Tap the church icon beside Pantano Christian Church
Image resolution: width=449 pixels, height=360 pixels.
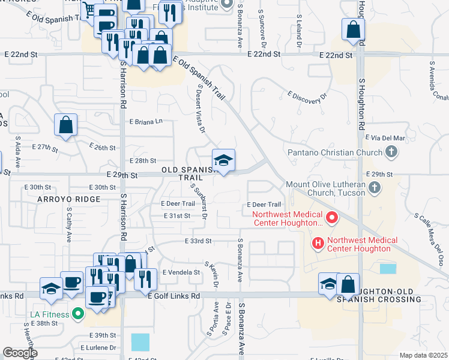coord(391,152)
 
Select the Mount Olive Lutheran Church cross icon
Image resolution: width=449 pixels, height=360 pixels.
coord(375,188)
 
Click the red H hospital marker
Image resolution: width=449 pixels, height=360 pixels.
coord(317,244)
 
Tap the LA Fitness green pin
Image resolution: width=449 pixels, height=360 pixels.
coord(76,313)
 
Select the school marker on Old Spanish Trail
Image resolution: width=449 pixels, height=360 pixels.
coord(223,161)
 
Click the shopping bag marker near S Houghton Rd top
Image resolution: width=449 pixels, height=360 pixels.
coord(353,29)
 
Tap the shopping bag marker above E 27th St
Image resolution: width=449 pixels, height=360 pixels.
coord(66,125)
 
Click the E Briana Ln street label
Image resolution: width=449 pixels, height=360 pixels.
coord(146,121)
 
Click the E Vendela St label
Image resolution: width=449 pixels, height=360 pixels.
coord(181,272)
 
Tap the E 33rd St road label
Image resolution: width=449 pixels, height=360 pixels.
coord(200,241)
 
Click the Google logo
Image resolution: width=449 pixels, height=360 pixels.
coord(20,353)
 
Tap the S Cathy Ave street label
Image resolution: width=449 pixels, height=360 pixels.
coord(70,225)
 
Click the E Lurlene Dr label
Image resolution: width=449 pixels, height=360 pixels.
coord(98,347)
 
